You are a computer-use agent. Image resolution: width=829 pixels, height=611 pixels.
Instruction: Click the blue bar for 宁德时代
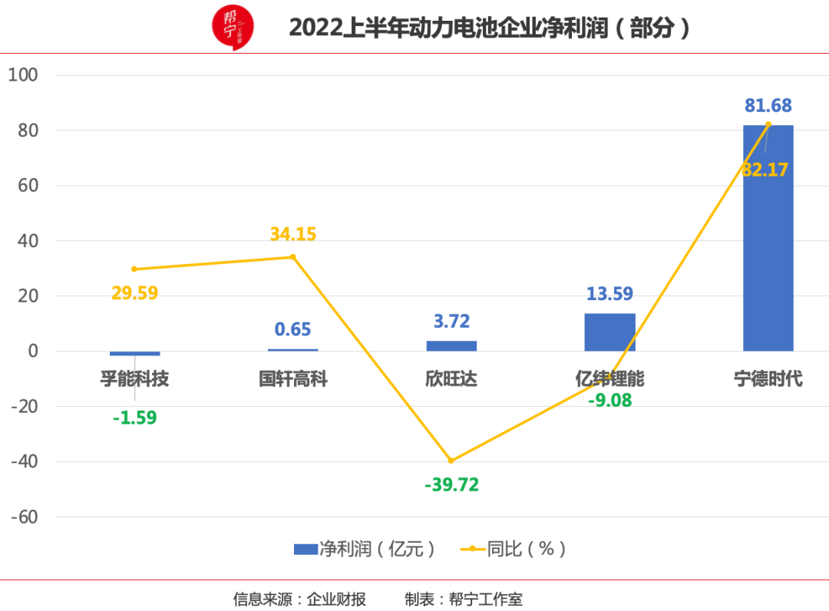(x=768, y=238)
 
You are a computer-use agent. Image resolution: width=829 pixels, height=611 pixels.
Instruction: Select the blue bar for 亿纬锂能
(x=609, y=332)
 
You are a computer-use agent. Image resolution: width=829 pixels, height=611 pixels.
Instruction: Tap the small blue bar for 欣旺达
(x=451, y=346)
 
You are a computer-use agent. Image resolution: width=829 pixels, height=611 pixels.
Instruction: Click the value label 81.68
(x=768, y=106)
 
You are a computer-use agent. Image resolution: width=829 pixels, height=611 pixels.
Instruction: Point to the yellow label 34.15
(x=292, y=234)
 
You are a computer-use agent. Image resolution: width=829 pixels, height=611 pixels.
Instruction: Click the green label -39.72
(x=451, y=485)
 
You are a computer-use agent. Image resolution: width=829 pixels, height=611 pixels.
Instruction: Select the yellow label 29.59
(x=134, y=292)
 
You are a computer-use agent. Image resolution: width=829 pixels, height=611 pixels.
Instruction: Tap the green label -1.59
(x=134, y=418)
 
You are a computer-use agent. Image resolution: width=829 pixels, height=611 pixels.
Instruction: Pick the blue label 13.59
(x=609, y=294)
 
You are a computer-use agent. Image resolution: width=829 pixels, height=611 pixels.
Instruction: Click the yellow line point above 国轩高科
(x=292, y=256)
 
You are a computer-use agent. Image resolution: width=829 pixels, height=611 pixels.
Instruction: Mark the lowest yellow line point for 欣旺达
(x=451, y=461)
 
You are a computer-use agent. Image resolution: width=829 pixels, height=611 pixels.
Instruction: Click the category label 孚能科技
(x=134, y=379)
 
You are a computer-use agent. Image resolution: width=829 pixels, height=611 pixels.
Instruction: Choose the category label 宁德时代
(x=768, y=379)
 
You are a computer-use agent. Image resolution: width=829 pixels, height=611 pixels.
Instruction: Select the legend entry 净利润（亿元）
(x=365, y=549)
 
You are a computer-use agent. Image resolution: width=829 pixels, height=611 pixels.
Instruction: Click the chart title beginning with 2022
(x=490, y=28)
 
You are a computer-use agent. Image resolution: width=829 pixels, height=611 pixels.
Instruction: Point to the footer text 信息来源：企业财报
(x=299, y=599)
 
